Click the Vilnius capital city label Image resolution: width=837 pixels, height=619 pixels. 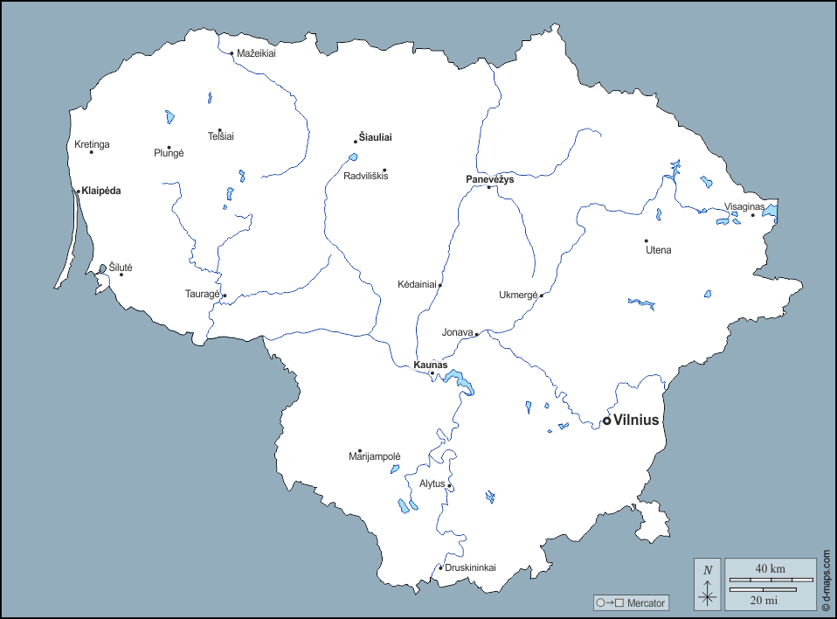pos(636,421)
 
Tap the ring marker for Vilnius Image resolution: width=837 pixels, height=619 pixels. pos(607,421)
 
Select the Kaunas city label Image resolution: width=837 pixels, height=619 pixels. pos(430,365)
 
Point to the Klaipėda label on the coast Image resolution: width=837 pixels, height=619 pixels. pos(101,191)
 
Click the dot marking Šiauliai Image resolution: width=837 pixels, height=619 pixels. pos(356,141)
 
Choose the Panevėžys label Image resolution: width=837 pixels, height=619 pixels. pos(489,179)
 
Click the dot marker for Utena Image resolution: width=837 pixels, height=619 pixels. pos(647,240)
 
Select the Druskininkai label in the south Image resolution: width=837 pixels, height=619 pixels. pos(470,567)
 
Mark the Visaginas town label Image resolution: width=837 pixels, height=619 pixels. pos(744,207)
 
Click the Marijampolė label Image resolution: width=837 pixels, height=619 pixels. pos(374,457)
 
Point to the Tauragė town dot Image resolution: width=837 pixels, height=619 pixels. pos(225,296)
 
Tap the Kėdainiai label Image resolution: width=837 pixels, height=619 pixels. pos(417,285)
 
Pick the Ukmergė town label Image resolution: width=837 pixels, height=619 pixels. pos(518,296)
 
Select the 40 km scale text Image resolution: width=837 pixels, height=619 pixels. pos(769,569)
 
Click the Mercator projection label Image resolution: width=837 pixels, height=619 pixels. pos(646,603)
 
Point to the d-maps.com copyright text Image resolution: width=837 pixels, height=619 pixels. pos(827,579)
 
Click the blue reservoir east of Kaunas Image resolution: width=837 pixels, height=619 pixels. pos(459,380)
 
